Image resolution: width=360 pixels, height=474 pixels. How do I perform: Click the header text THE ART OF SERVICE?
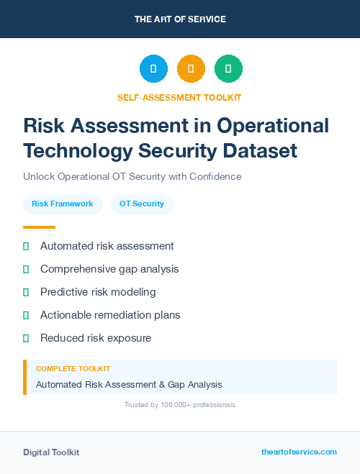click(180, 19)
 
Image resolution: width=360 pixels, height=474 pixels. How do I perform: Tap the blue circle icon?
click(153, 69)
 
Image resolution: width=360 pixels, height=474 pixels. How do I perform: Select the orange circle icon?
click(191, 69)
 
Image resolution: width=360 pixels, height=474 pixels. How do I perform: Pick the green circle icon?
click(228, 69)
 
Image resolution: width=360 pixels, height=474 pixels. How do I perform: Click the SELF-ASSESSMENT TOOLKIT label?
click(180, 97)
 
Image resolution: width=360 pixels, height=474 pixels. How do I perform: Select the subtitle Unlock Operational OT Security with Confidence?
click(132, 176)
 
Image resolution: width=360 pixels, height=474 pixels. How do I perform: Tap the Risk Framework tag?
click(63, 204)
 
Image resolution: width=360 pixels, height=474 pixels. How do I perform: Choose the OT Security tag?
click(142, 204)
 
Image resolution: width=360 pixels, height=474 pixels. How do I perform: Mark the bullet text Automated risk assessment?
click(107, 246)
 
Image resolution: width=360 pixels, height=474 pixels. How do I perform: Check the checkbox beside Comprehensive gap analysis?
click(26, 269)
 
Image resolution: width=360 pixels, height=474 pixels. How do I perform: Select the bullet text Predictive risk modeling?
click(98, 292)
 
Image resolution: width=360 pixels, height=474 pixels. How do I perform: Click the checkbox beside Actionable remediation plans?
click(26, 315)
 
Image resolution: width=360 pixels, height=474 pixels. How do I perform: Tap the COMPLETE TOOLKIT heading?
click(73, 369)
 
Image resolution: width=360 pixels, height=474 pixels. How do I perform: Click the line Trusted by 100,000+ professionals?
click(180, 405)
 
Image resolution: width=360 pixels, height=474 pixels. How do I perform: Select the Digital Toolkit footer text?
click(51, 452)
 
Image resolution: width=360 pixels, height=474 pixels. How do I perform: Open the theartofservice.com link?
click(299, 452)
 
